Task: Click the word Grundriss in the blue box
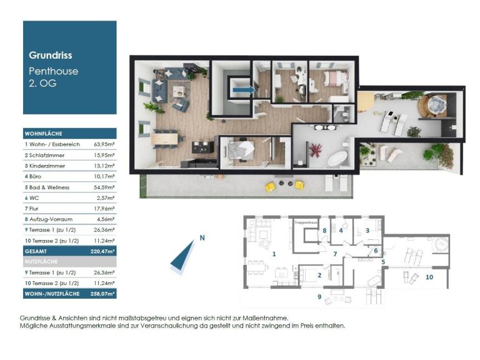tap(51, 56)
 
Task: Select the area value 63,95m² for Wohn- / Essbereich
tap(104, 144)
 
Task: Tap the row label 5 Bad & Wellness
tap(47, 187)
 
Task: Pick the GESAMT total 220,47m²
tap(102, 251)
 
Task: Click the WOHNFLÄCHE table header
tap(44, 134)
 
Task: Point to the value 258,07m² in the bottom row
tap(102, 294)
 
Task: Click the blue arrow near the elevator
tap(244, 90)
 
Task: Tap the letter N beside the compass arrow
tap(202, 238)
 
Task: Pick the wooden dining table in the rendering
tap(165, 139)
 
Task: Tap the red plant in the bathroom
tap(315, 150)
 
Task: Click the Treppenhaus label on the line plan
tap(306, 222)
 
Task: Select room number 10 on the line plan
tap(429, 277)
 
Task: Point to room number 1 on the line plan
tap(274, 254)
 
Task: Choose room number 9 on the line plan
tap(319, 297)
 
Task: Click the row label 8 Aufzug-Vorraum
tap(49, 219)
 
